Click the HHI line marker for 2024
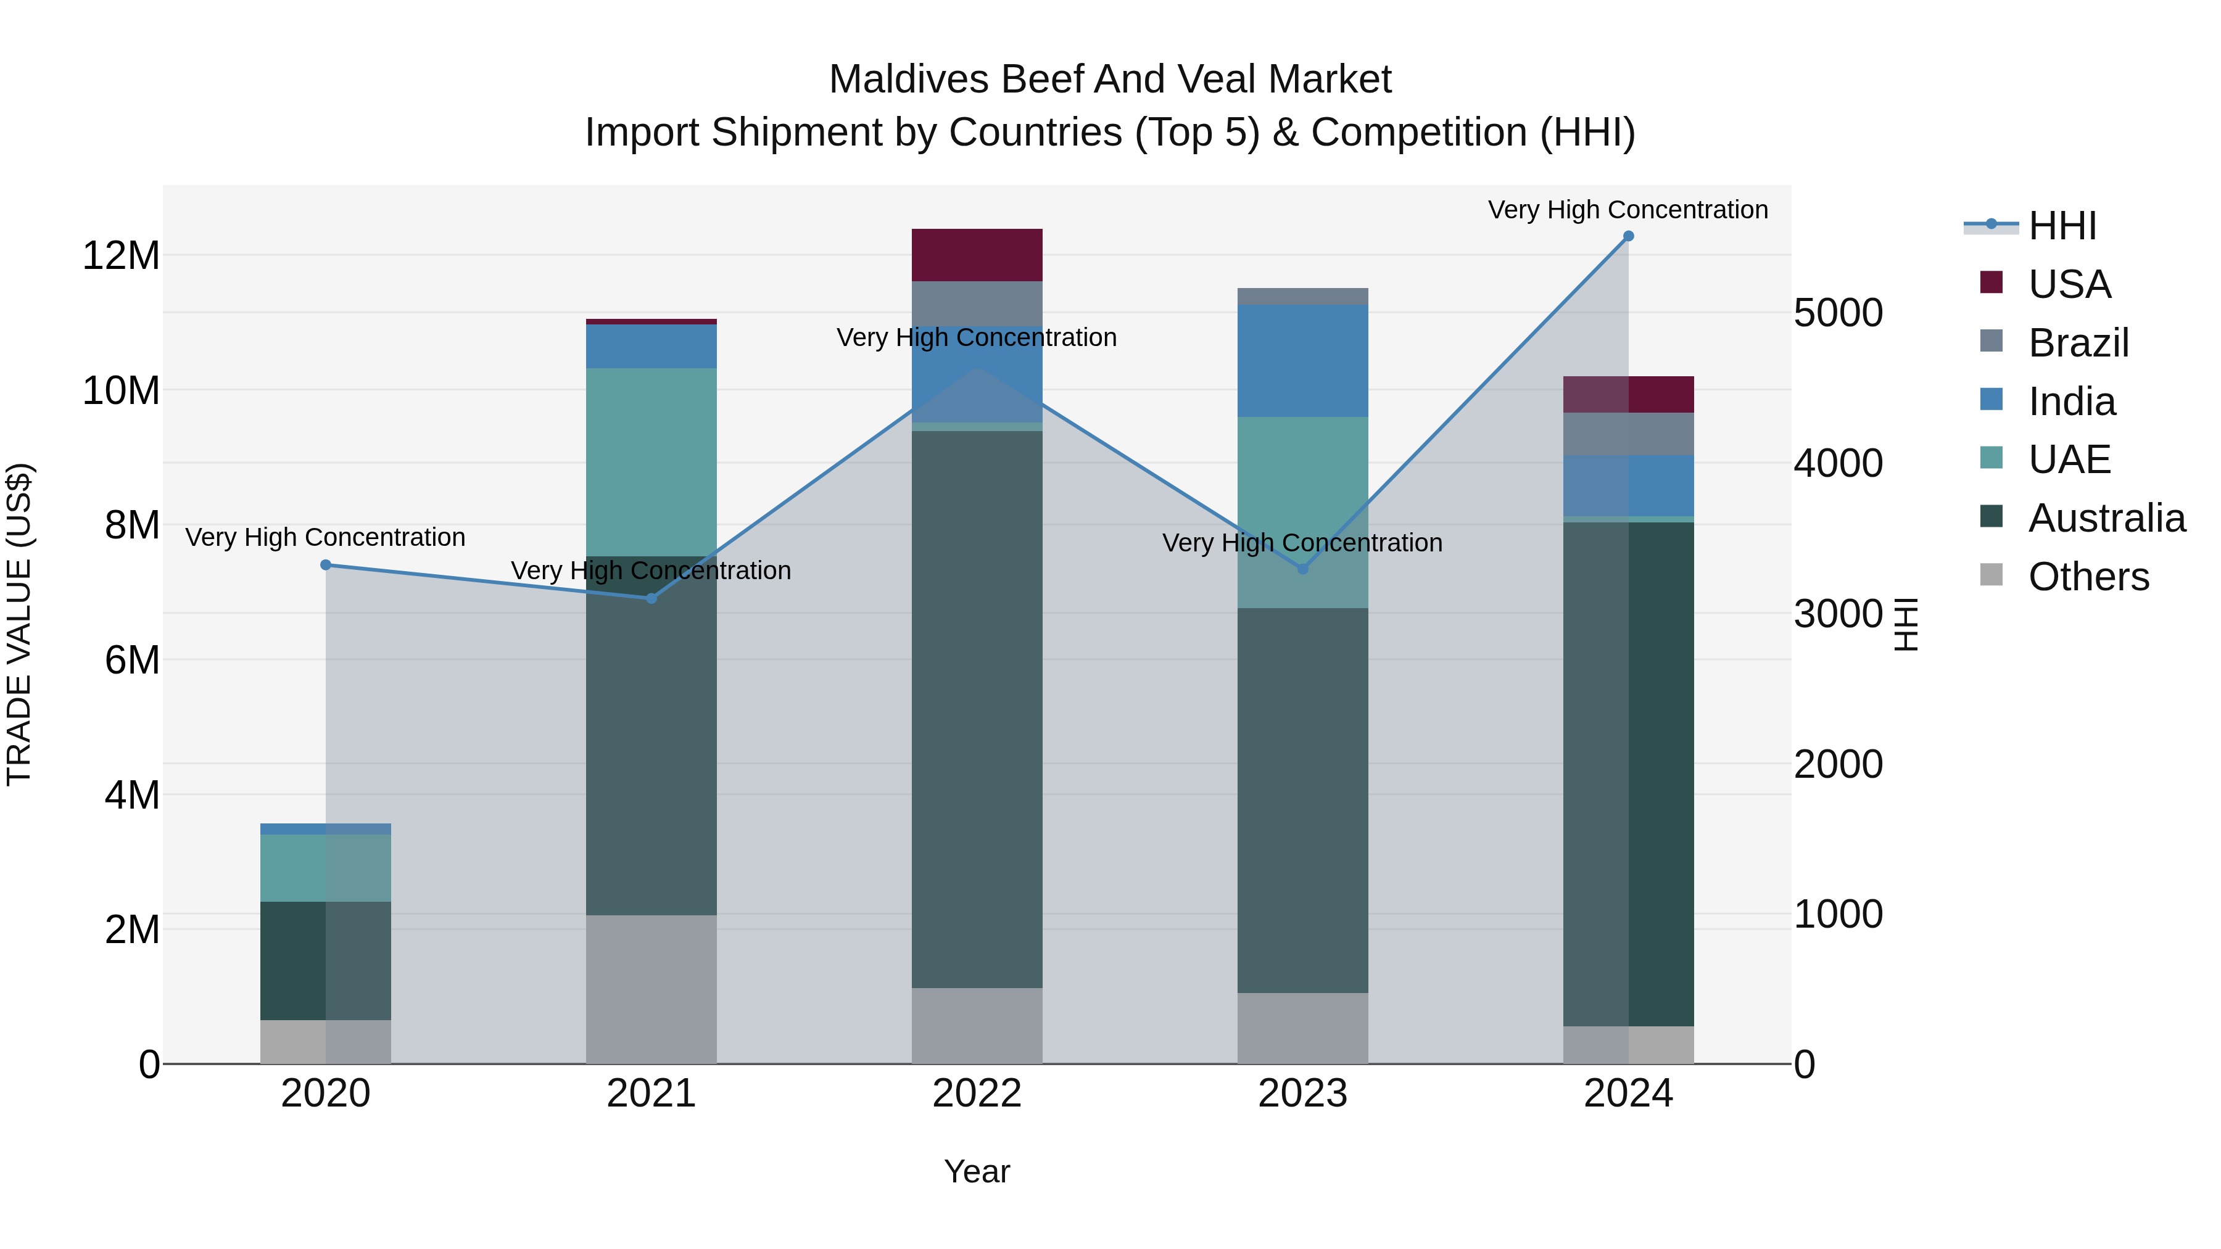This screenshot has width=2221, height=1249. coord(1628,236)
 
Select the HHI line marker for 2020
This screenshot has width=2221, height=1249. coord(326,566)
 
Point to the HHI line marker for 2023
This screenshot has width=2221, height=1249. coord(1303,569)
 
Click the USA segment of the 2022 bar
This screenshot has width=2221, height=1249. coord(977,255)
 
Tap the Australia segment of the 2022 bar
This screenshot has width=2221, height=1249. coord(977,709)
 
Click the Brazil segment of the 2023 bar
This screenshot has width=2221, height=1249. coord(1303,297)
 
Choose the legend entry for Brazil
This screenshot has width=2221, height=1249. coord(2078,343)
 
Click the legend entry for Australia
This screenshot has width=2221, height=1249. coord(2106,518)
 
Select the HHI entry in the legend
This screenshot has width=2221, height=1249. coord(2061,226)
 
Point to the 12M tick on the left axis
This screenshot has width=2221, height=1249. coord(121,256)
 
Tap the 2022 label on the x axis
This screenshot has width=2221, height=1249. coord(977,1094)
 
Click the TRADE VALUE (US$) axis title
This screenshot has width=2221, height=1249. coord(20,624)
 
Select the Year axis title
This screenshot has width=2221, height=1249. coord(977,1171)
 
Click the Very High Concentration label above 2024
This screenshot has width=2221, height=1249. coord(1628,210)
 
